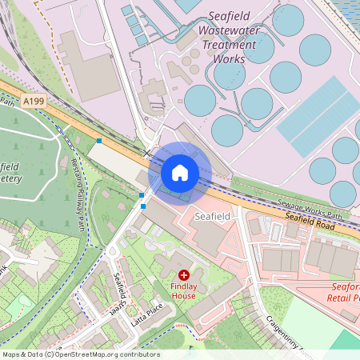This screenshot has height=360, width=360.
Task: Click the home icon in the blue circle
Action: coord(180,173)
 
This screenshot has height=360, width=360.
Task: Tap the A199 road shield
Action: coord(34,102)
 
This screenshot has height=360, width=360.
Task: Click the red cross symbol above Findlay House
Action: coord(184,275)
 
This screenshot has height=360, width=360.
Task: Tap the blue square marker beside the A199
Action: coord(99,141)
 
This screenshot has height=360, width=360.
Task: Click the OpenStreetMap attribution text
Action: coord(81,354)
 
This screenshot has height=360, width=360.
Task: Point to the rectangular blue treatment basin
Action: coord(318,116)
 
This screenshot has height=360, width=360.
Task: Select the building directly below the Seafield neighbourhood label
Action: coord(210,238)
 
